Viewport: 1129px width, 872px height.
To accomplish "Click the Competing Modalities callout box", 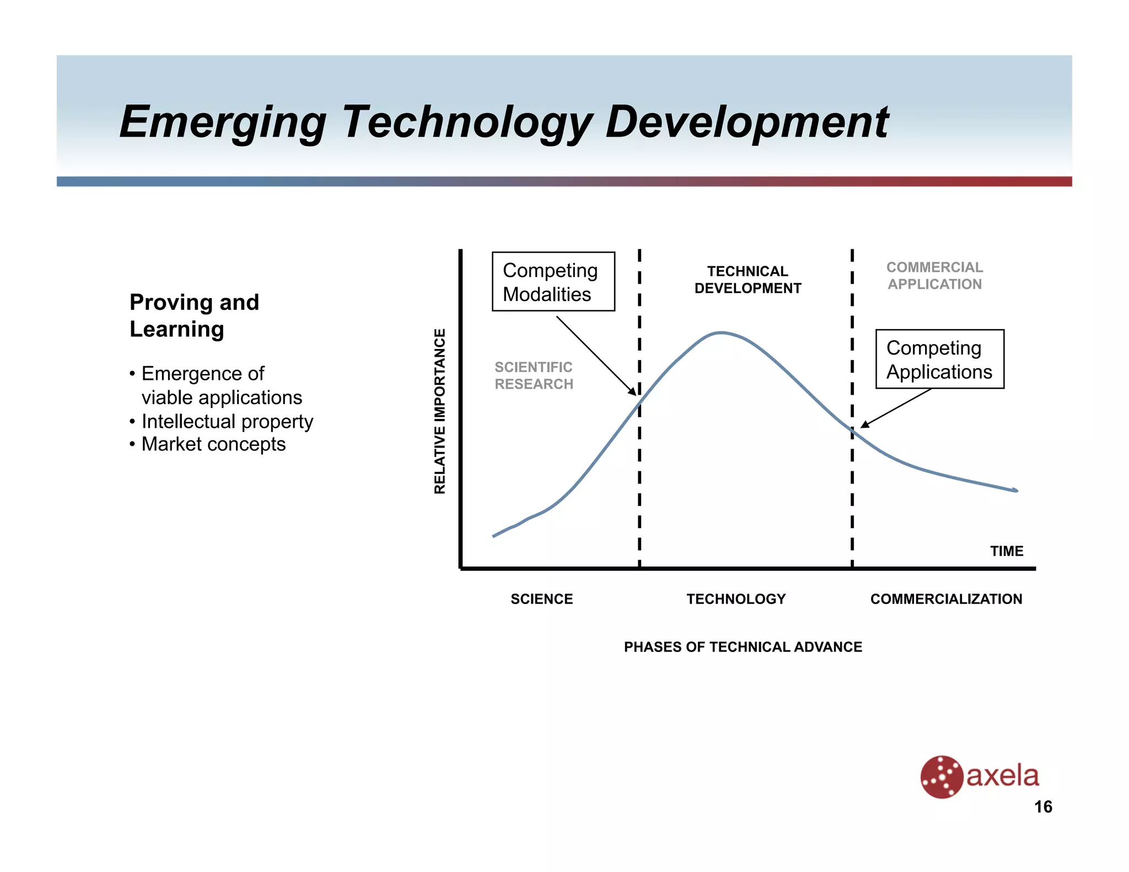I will [x=553, y=282].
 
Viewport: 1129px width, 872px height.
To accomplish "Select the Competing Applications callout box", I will [x=939, y=359].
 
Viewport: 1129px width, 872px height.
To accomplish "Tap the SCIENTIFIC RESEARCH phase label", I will [x=534, y=375].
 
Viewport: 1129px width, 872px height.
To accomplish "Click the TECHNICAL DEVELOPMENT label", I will [x=748, y=279].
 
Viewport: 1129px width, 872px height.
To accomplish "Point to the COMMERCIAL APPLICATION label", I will [x=934, y=276].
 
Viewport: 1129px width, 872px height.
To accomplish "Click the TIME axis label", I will [x=1006, y=551].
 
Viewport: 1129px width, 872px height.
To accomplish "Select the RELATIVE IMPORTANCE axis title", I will [x=439, y=411].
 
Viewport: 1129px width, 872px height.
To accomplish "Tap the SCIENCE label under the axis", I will [x=541, y=599].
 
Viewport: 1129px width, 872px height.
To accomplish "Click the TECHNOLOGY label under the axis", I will [x=736, y=599].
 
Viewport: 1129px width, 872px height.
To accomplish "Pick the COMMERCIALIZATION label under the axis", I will [x=946, y=599].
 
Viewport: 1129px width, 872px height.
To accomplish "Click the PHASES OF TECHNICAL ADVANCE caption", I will [x=743, y=647].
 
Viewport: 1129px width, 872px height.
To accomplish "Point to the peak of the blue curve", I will [x=721, y=333].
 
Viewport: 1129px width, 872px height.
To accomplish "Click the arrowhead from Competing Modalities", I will [x=633, y=391].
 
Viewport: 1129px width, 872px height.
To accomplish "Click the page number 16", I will [x=1043, y=806].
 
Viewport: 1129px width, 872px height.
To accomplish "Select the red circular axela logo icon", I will [x=942, y=777].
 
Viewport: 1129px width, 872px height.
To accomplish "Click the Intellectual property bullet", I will [x=227, y=421].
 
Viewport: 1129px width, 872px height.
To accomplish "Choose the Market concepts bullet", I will [x=213, y=444].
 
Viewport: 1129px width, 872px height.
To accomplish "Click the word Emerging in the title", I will [x=223, y=122].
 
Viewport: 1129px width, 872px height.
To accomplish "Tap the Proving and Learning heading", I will [x=194, y=315].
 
